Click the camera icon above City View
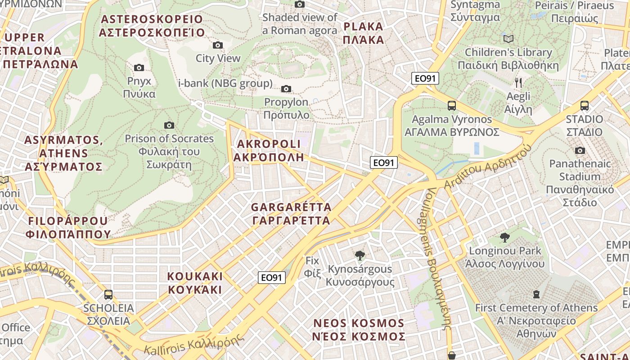218,45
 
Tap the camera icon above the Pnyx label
139,67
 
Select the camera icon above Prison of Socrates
169,125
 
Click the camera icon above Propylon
286,89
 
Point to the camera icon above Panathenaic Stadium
580,150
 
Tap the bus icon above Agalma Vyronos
452,106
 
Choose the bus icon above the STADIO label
585,106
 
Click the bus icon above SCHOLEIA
108,295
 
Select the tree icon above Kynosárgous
360,256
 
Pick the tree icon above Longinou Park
505,237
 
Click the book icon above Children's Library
508,39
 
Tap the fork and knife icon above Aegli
518,82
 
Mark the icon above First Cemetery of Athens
536,294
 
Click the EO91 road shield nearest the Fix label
272,278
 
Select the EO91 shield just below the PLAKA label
425,78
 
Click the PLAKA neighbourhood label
363,33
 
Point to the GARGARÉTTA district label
291,214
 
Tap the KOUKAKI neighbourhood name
195,283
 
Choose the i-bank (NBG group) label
225,83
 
